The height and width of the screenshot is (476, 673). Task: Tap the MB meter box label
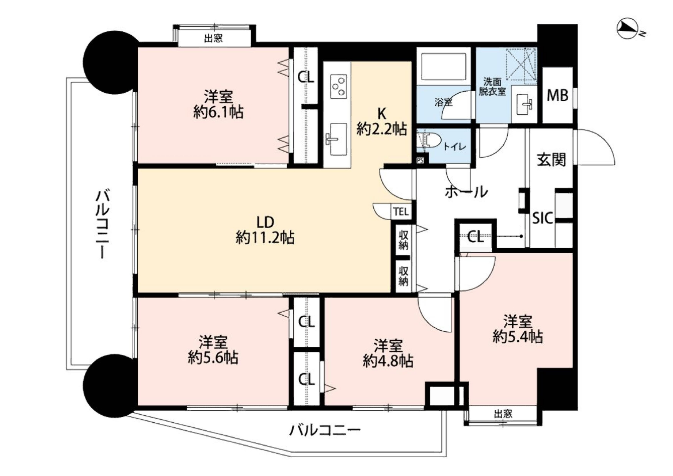pyautogui.click(x=557, y=95)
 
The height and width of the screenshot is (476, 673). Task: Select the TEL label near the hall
pyautogui.click(x=401, y=212)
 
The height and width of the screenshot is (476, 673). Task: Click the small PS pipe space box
pyautogui.click(x=421, y=160)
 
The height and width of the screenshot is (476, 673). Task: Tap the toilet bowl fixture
pyautogui.click(x=429, y=140)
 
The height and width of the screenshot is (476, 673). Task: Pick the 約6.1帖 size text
pyautogui.click(x=218, y=112)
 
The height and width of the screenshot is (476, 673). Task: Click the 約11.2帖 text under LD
pyautogui.click(x=265, y=238)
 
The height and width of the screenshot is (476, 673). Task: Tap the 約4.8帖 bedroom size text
pyautogui.click(x=388, y=361)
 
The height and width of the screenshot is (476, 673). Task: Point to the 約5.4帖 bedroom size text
pyautogui.click(x=518, y=336)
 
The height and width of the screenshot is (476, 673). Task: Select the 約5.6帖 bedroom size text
pyautogui.click(x=213, y=357)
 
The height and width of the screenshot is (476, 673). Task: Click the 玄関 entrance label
pyautogui.click(x=551, y=159)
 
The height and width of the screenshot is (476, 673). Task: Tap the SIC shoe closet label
pyautogui.click(x=543, y=218)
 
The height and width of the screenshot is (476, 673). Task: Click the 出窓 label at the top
pyautogui.click(x=213, y=38)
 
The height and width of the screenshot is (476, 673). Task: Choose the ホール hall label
pyautogui.click(x=466, y=191)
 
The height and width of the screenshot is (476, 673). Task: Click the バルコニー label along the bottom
pyautogui.click(x=325, y=430)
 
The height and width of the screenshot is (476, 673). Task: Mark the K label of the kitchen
pyautogui.click(x=382, y=114)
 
